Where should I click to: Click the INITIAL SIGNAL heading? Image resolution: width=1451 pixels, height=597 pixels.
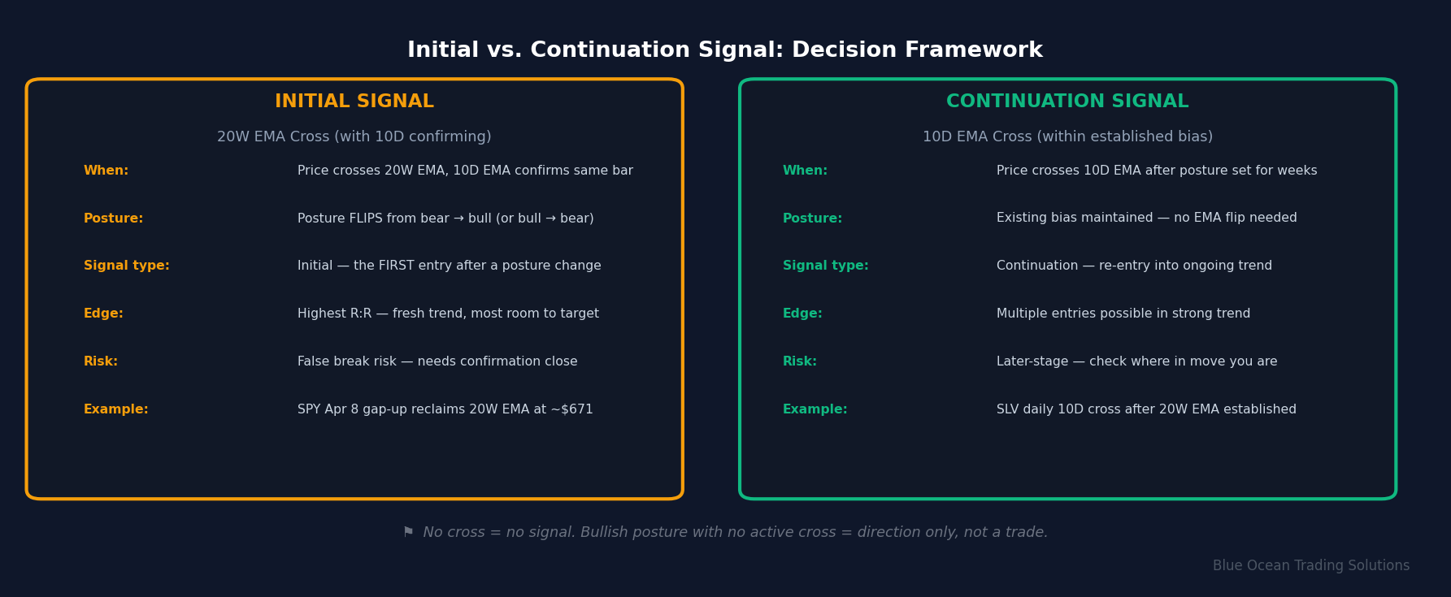[354, 102]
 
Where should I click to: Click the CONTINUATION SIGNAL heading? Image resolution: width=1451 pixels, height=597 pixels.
[1067, 102]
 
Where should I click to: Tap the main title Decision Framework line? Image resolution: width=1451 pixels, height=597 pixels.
[724, 50]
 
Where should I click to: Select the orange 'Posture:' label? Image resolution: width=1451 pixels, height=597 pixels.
[113, 218]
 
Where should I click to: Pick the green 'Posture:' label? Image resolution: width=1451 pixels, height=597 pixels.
[812, 218]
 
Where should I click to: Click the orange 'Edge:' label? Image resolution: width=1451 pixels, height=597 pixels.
[103, 314]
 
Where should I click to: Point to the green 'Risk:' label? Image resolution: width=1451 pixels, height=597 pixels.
[799, 361]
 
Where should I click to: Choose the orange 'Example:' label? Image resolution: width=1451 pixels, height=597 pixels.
[115, 409]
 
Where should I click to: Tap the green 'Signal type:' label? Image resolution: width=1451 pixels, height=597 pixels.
[825, 266]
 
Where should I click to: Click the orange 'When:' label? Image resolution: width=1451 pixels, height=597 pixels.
[106, 171]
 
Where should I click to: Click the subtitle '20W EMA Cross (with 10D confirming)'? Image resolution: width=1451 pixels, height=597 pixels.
[354, 136]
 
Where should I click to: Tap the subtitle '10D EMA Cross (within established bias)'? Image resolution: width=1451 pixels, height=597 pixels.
[1067, 136]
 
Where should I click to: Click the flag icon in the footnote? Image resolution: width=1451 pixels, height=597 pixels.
[408, 532]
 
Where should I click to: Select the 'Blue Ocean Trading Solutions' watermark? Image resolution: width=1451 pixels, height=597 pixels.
[1310, 565]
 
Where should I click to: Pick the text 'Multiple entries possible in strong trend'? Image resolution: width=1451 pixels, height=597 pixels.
[1123, 314]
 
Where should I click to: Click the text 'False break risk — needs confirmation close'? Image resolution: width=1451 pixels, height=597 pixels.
[437, 361]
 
